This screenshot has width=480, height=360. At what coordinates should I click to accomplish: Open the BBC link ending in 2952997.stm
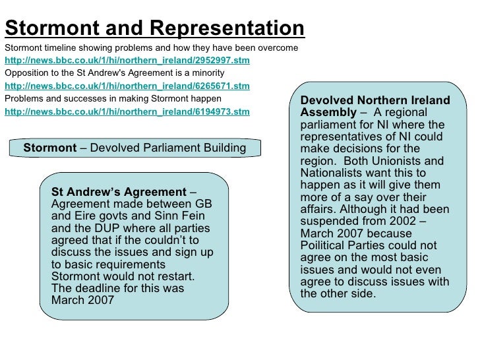[127, 61]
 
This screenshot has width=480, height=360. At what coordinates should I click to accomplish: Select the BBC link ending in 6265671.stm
[127, 86]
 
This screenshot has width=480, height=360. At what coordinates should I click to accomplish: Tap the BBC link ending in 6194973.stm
[127, 111]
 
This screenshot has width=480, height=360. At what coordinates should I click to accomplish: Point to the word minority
[206, 73]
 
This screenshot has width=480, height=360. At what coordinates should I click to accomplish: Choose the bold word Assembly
[328, 113]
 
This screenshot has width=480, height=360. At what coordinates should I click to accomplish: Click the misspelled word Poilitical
[328, 246]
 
